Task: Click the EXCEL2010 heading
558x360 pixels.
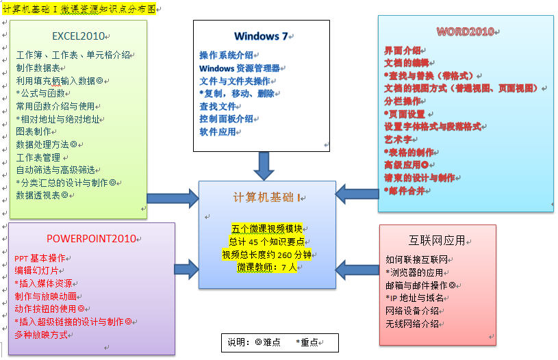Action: click(x=78, y=36)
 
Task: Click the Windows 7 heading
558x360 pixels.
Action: click(x=261, y=36)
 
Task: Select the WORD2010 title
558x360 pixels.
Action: click(x=466, y=31)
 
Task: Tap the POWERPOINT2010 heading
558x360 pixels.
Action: click(x=92, y=238)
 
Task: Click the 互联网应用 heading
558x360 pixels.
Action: click(x=437, y=240)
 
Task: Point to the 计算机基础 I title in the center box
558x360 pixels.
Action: click(x=266, y=197)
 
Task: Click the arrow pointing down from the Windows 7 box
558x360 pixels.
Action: click(x=264, y=166)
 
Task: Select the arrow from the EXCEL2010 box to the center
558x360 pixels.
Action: click(x=173, y=198)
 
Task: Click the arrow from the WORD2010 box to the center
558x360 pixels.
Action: click(x=357, y=194)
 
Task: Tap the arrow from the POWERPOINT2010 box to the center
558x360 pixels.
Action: click(x=186, y=269)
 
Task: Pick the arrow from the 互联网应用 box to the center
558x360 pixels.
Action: click(x=357, y=270)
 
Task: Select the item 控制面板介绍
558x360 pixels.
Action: click(x=227, y=119)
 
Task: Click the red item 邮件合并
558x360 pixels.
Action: click(x=405, y=191)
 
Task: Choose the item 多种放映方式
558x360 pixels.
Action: click(x=41, y=335)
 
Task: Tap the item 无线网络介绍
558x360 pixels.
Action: click(x=412, y=324)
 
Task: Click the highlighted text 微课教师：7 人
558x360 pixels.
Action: click(x=267, y=267)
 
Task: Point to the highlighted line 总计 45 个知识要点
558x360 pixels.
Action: click(x=266, y=242)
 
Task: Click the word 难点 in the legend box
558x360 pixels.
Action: click(x=272, y=342)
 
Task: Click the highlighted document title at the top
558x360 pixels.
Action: click(x=79, y=9)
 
